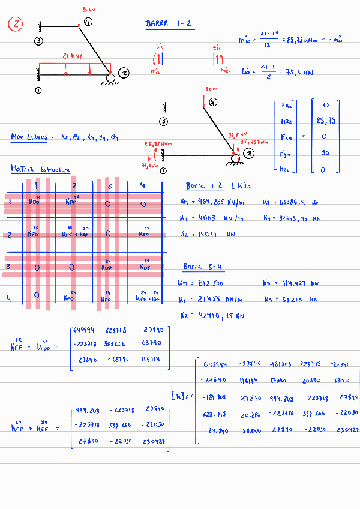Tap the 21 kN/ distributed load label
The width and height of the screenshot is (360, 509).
coord(74,56)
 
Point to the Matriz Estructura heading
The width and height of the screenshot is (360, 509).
coord(40,169)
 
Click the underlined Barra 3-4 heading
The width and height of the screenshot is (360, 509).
coord(204,266)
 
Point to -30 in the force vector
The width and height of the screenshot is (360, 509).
coord(325,153)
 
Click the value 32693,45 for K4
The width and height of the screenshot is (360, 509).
coord(301,219)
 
